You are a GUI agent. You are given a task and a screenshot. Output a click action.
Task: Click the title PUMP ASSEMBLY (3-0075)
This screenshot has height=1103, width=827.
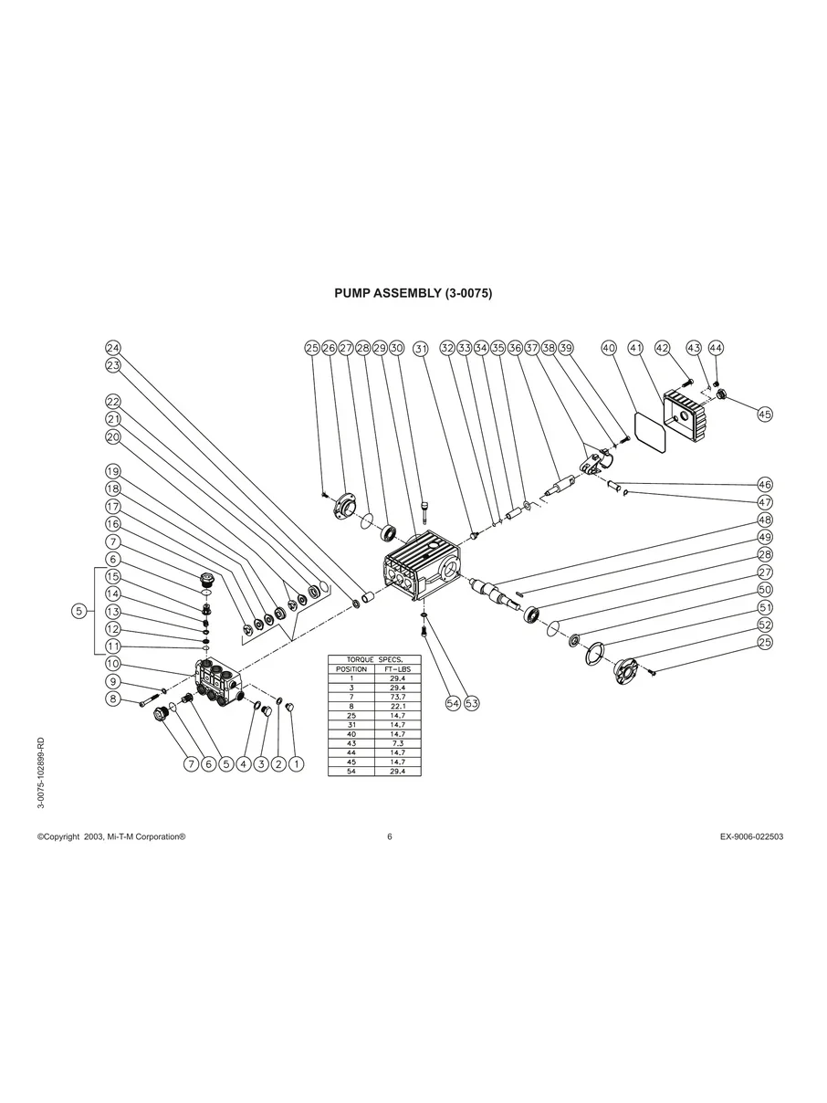(413, 293)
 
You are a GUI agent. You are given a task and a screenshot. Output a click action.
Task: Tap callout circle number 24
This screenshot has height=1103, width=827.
(113, 348)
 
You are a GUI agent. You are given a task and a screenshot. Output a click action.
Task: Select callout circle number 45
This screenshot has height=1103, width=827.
(765, 414)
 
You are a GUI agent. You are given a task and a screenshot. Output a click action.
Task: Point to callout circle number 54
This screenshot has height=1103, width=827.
(453, 703)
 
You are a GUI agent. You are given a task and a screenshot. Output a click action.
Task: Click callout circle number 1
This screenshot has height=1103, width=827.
(297, 763)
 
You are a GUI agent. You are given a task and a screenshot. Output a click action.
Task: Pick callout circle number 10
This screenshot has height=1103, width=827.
(113, 664)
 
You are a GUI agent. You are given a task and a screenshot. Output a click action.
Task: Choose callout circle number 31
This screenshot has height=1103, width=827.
(421, 348)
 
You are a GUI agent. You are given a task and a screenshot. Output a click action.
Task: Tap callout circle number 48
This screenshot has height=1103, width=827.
(765, 520)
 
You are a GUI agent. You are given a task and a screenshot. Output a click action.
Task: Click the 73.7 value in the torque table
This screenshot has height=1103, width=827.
(397, 695)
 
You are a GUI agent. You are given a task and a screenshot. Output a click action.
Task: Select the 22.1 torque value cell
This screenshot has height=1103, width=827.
(397, 704)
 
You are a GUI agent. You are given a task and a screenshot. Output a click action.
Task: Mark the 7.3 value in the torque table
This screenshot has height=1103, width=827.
(397, 743)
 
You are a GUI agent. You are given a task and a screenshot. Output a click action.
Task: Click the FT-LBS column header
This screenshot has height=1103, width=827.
(397, 668)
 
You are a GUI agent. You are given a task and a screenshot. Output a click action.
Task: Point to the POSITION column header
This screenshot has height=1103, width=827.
(351, 668)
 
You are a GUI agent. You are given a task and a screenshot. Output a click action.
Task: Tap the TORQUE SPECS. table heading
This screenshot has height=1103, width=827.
(374, 659)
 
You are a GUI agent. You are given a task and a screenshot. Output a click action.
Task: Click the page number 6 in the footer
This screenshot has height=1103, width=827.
(390, 836)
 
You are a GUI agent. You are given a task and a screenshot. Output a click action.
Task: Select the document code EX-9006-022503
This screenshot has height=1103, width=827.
(751, 836)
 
